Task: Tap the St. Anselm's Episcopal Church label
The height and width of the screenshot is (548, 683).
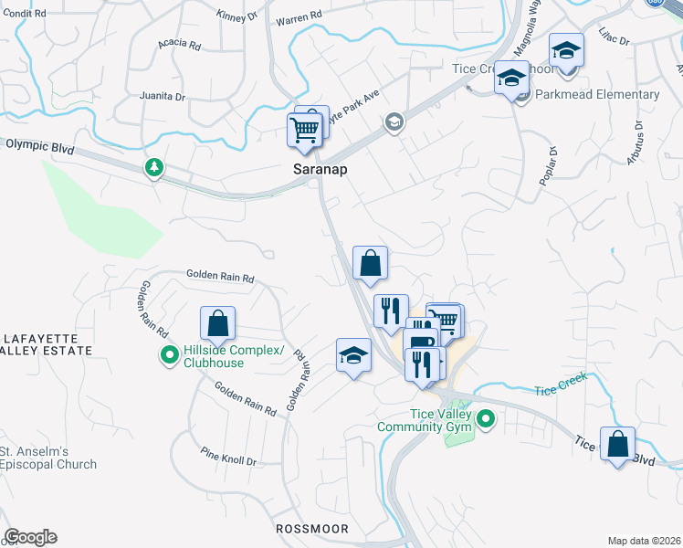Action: tap(48, 458)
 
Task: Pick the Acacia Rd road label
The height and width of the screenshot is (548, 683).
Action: tap(178, 43)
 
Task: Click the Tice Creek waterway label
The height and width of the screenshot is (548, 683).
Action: tap(558, 390)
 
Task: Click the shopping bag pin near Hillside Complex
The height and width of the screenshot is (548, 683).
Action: tap(218, 323)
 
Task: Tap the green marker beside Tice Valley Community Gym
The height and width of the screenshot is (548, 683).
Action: tap(486, 420)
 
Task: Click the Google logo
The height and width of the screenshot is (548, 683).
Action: tap(30, 537)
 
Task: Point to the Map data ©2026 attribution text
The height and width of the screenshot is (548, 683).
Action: tap(643, 541)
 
